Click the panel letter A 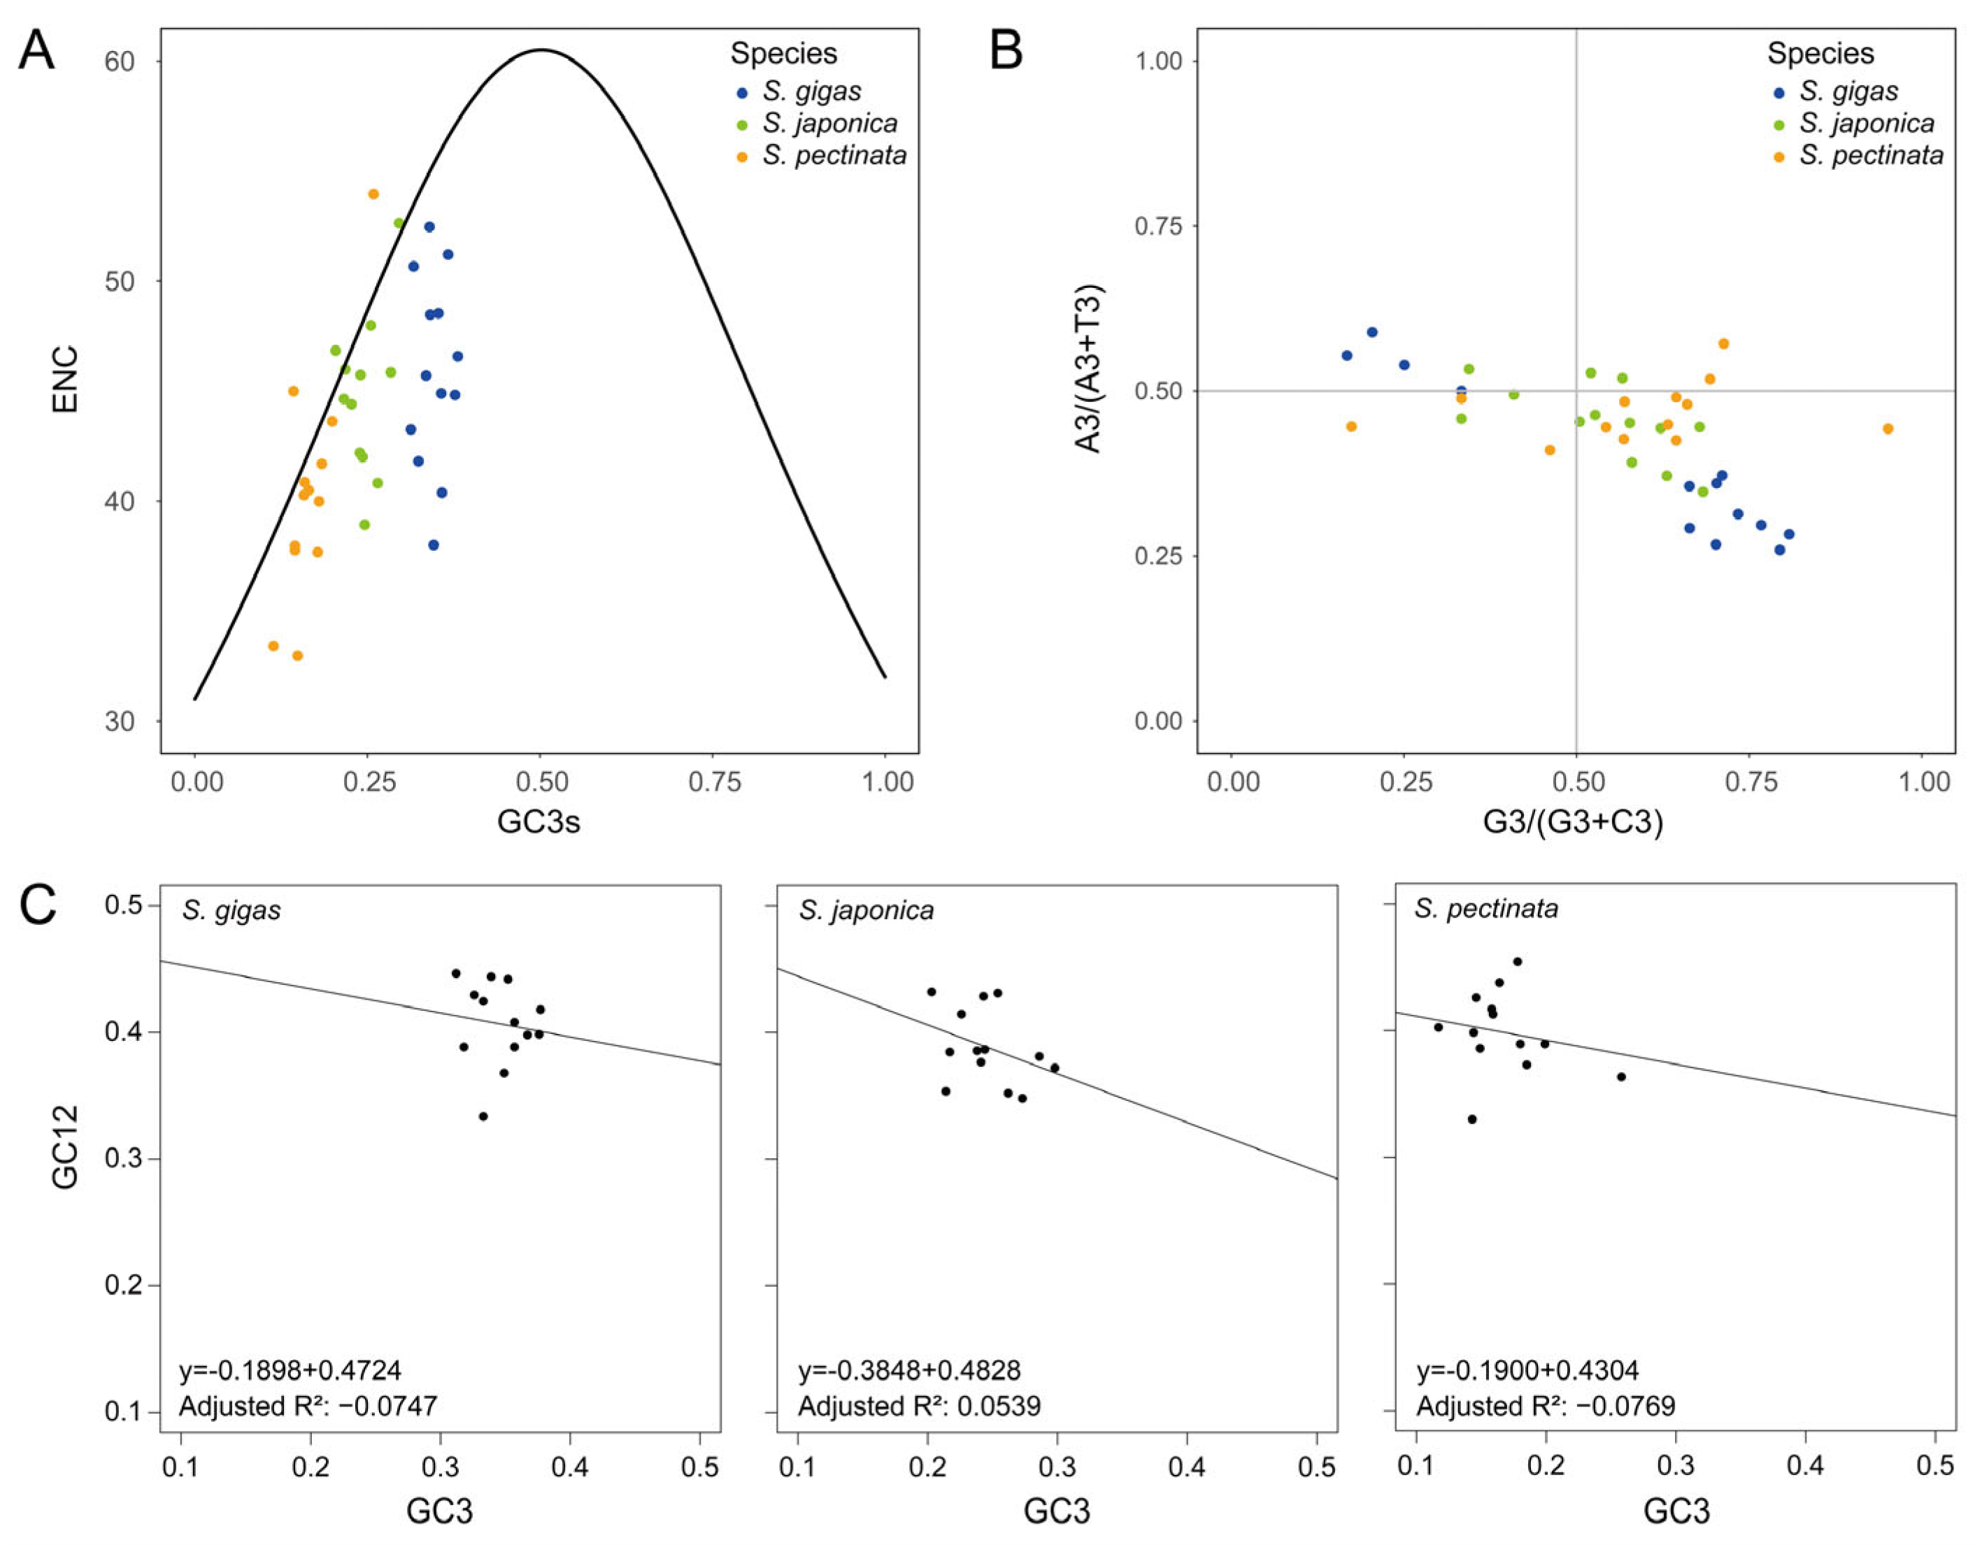37,52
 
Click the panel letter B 1006,52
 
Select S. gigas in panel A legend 811,92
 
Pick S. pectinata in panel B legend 1871,156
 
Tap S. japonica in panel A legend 829,123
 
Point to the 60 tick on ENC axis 120,62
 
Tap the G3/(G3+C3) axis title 1573,821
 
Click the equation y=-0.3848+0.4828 908,1370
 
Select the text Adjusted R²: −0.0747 308,1406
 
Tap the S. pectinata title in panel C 1485,909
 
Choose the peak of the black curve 541,50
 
